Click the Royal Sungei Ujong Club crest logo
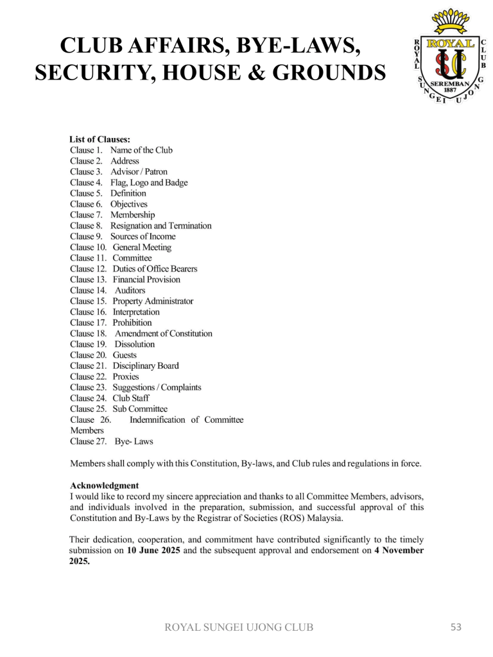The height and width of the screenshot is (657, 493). point(447,60)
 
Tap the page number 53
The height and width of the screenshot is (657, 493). point(456,627)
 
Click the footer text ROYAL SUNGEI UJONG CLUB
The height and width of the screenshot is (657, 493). point(239,627)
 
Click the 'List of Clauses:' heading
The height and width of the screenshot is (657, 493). point(100,139)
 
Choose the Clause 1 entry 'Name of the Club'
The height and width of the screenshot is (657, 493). point(141,150)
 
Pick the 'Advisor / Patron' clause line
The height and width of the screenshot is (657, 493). point(139,172)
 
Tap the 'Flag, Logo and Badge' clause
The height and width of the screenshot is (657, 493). point(149,183)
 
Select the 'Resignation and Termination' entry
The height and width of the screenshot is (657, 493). point(160,226)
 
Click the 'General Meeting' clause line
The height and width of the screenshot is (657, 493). point(142,248)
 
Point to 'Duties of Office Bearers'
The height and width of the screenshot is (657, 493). point(155,269)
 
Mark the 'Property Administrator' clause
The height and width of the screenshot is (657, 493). point(153,301)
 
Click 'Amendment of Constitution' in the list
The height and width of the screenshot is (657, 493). point(163,334)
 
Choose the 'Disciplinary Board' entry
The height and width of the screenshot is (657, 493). point(146,366)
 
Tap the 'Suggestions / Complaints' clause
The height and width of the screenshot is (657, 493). point(157,388)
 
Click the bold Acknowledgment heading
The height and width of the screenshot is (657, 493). point(104,486)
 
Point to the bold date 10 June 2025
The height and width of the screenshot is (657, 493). point(154,551)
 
